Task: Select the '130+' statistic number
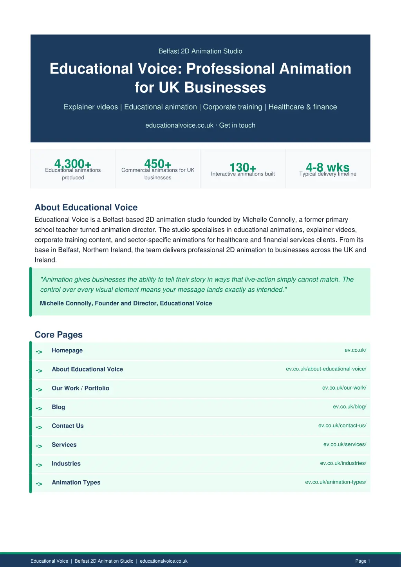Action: (x=243, y=167)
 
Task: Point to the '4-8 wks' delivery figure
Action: (x=328, y=167)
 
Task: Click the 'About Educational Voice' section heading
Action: (x=86, y=208)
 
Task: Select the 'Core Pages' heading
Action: (x=59, y=335)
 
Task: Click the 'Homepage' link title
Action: (x=67, y=350)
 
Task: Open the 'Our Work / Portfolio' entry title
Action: (x=81, y=388)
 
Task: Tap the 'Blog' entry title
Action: (x=58, y=407)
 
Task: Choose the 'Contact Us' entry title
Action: (x=68, y=426)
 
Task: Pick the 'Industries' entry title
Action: (x=66, y=464)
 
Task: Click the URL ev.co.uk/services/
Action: (x=345, y=444)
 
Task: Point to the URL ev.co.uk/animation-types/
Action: (x=336, y=482)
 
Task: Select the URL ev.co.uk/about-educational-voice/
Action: (x=326, y=369)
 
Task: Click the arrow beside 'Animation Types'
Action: (x=39, y=484)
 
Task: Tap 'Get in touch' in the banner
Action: (x=237, y=125)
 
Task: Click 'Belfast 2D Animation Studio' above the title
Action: (x=200, y=51)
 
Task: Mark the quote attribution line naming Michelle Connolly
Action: (x=126, y=303)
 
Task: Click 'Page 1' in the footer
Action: (x=363, y=561)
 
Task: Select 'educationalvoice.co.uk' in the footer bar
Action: (x=164, y=561)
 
